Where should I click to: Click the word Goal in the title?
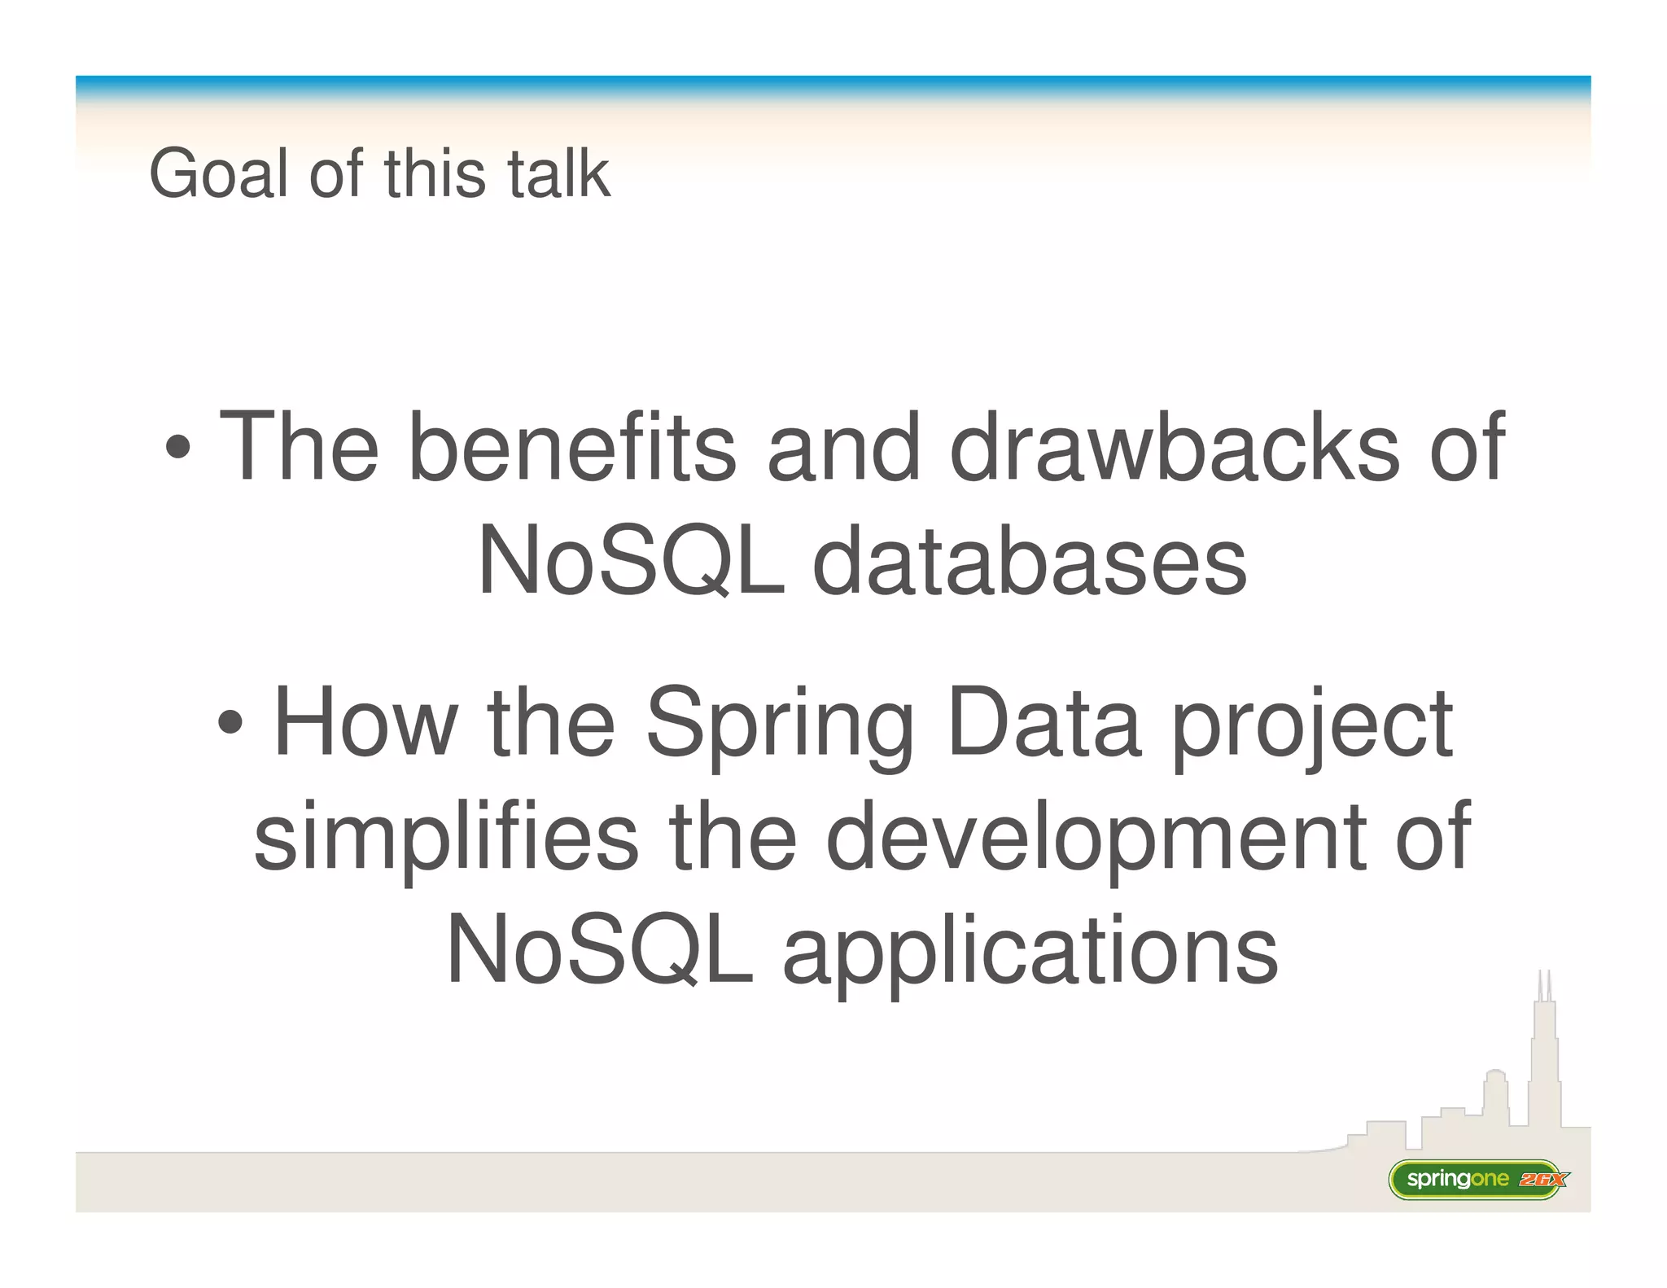click(x=218, y=173)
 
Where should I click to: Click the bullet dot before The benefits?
click(x=178, y=447)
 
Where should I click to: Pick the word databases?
click(x=1029, y=561)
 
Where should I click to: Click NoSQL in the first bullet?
click(x=631, y=561)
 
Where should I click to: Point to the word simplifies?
click(x=446, y=837)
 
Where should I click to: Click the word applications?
click(x=1030, y=951)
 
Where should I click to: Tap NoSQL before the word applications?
click(x=600, y=949)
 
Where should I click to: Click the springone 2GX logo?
click(x=1477, y=1179)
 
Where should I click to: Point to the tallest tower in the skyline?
click(x=1543, y=1058)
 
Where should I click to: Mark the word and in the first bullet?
click(x=843, y=447)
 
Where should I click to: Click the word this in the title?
click(x=434, y=173)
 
